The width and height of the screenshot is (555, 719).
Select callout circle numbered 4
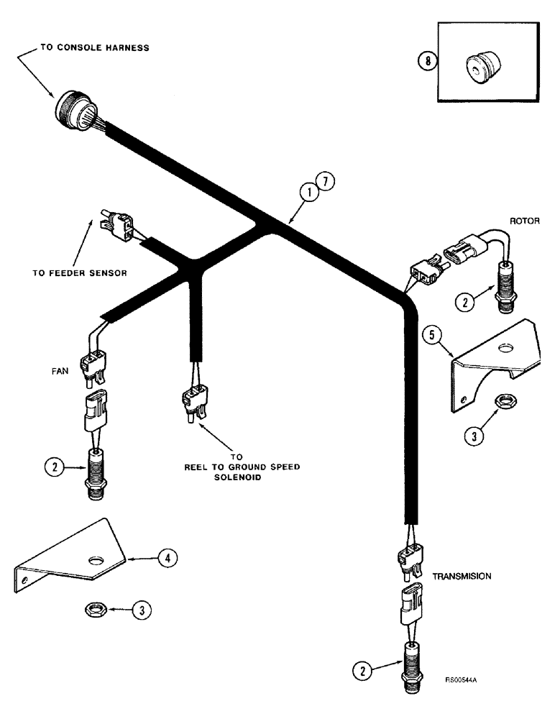point(164,557)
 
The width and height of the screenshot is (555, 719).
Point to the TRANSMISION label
point(460,576)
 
